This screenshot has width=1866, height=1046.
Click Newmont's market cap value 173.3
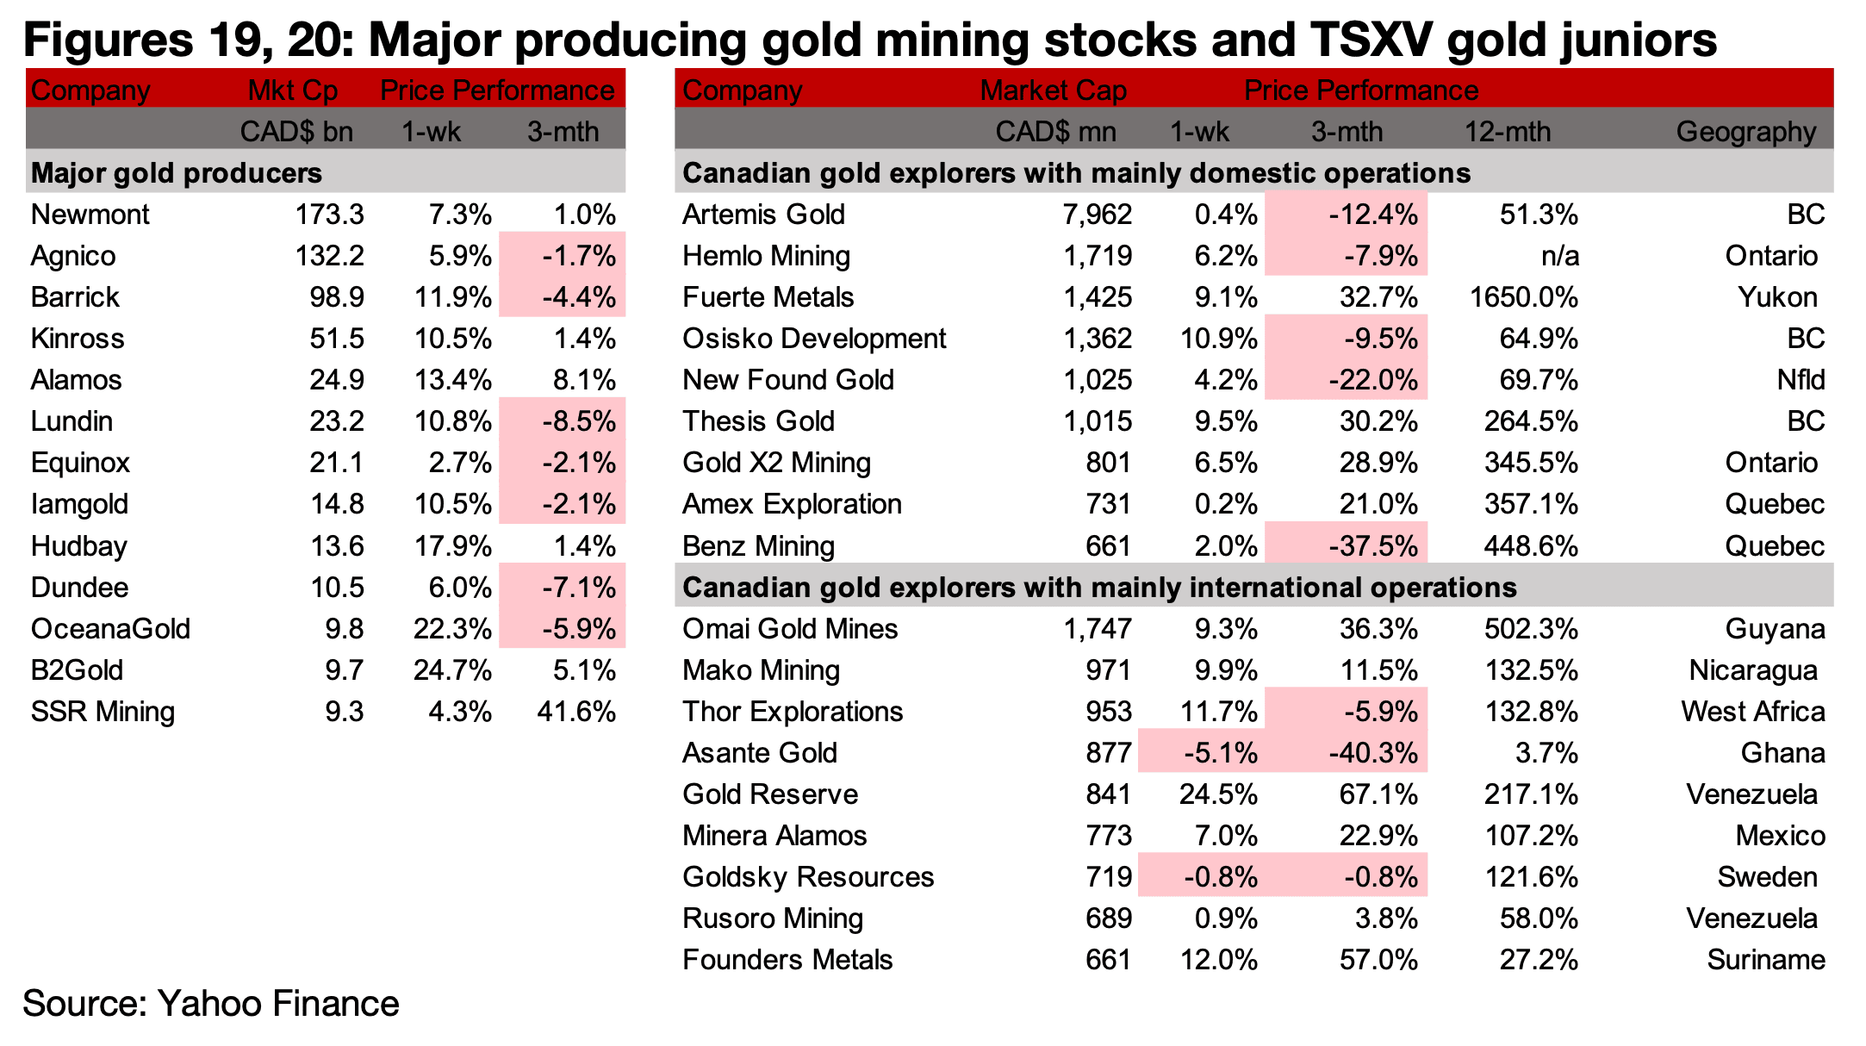pyautogui.click(x=329, y=215)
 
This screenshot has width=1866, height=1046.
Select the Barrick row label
pyautogui.click(x=75, y=297)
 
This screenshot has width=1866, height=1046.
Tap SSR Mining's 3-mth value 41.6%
pyautogui.click(x=575, y=712)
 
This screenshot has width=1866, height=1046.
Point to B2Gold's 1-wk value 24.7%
pyautogui.click(x=452, y=670)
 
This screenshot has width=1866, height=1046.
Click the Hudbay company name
pyautogui.click(x=79, y=546)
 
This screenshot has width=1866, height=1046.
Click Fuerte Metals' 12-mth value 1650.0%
pyautogui.click(x=1523, y=297)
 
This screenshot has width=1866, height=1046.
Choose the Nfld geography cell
pyautogui.click(x=1801, y=380)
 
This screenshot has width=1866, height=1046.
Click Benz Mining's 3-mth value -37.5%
pyautogui.click(x=1373, y=546)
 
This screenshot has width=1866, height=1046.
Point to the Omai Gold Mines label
pyautogui.click(x=790, y=629)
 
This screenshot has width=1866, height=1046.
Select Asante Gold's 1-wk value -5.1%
pyautogui.click(x=1220, y=753)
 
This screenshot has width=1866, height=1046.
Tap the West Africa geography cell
pyautogui.click(x=1753, y=712)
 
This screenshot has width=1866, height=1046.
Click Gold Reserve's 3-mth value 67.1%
pyautogui.click(x=1378, y=794)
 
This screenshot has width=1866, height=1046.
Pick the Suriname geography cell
pyautogui.click(x=1766, y=960)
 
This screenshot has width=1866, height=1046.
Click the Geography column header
pyautogui.click(x=1746, y=132)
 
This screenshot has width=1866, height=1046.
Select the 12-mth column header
pyautogui.click(x=1508, y=132)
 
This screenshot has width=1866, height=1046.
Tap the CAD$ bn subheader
pyautogui.click(x=296, y=132)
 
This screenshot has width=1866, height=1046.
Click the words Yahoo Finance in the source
pyautogui.click(x=278, y=1005)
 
